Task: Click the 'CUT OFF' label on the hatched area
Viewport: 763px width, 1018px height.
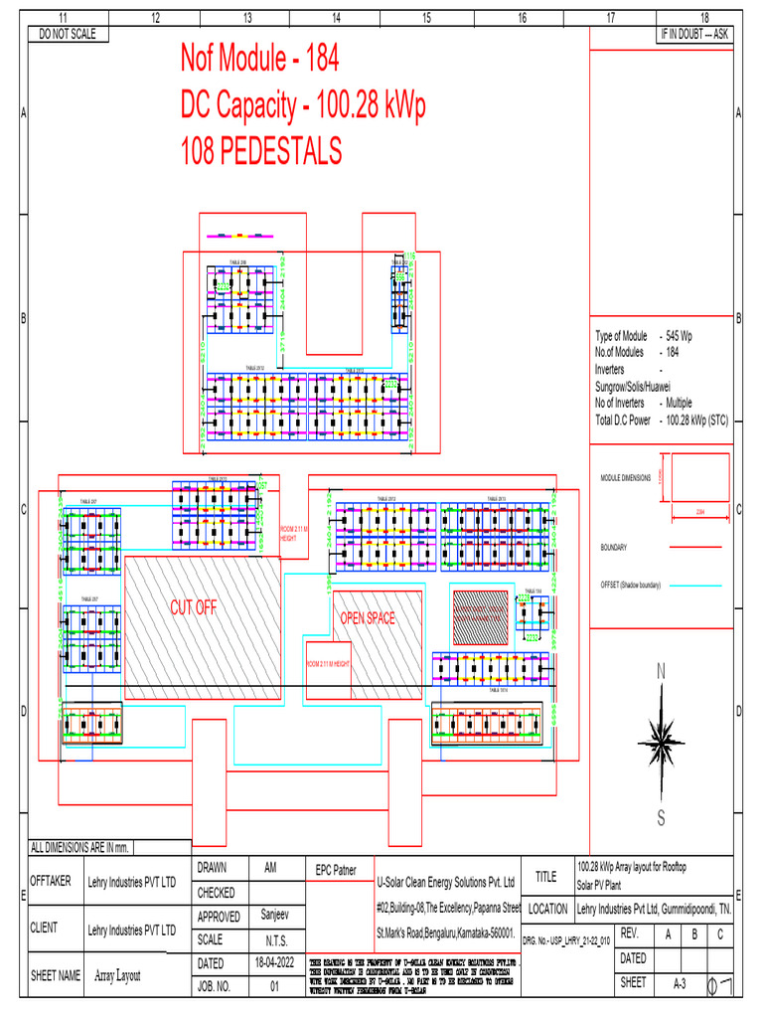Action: [193, 607]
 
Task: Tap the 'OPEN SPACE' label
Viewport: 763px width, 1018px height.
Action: [368, 618]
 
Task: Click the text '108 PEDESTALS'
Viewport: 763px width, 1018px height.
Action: [261, 151]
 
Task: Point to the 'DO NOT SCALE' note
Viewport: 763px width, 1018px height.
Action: [67, 34]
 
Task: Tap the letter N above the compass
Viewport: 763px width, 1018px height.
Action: [661, 673]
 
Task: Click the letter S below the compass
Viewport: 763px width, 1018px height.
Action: [660, 818]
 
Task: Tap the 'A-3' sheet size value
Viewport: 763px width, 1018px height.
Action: [681, 982]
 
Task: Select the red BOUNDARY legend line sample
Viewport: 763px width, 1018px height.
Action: [699, 547]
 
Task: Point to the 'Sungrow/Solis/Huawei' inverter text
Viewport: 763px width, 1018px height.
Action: [632, 386]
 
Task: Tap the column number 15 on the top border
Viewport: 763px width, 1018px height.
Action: [426, 18]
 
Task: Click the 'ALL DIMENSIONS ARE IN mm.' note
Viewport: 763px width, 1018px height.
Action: [80, 848]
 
